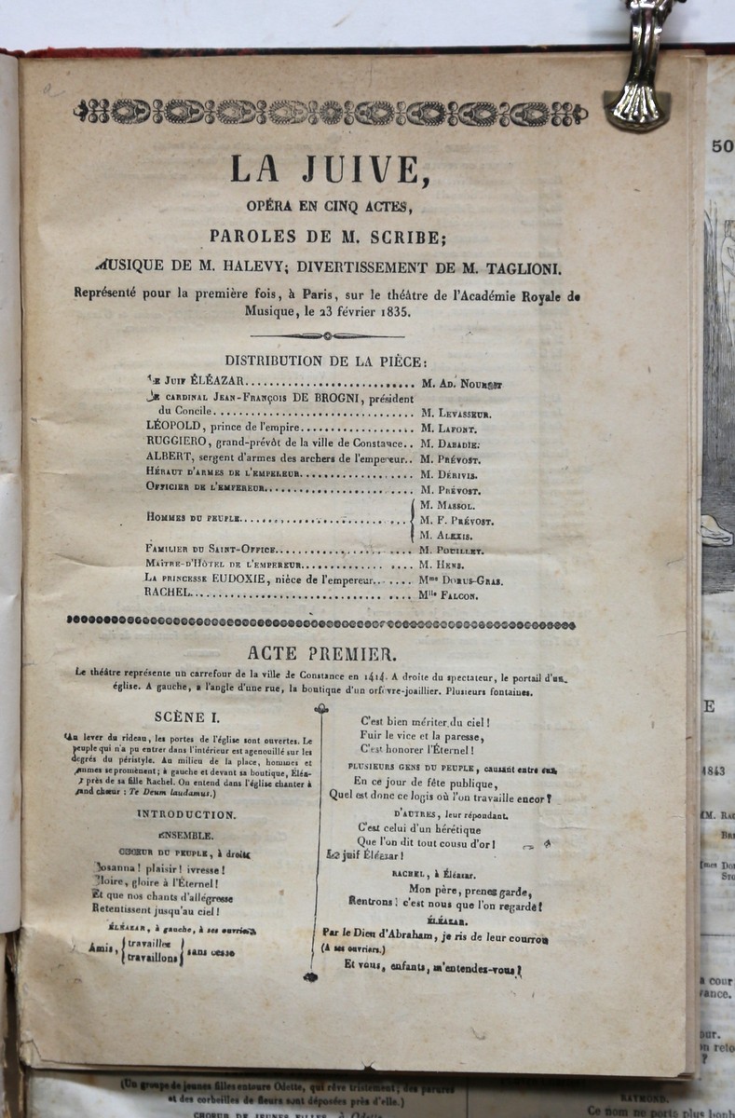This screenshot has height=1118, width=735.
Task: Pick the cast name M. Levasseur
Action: (456, 414)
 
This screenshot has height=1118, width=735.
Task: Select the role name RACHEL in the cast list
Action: (168, 593)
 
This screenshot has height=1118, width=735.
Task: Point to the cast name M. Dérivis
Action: (450, 475)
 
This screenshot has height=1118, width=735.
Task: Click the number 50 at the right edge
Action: (721, 145)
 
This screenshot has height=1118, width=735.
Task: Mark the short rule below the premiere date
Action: (327, 335)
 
